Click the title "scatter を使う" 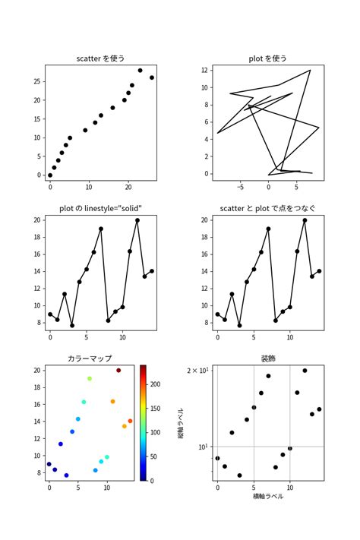100,58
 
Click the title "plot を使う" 267,58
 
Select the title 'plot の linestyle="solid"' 100,209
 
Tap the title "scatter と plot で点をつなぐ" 267,209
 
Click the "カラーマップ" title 90,358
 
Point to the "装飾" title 267,358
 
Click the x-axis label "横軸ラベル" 267,496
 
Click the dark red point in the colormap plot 118,371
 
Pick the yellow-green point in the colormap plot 90,378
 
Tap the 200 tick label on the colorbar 156,385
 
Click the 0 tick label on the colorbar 152,481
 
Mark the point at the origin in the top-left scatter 50,175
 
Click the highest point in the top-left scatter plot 140,71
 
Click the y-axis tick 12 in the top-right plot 204,70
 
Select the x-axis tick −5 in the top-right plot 239,186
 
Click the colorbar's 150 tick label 156,409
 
